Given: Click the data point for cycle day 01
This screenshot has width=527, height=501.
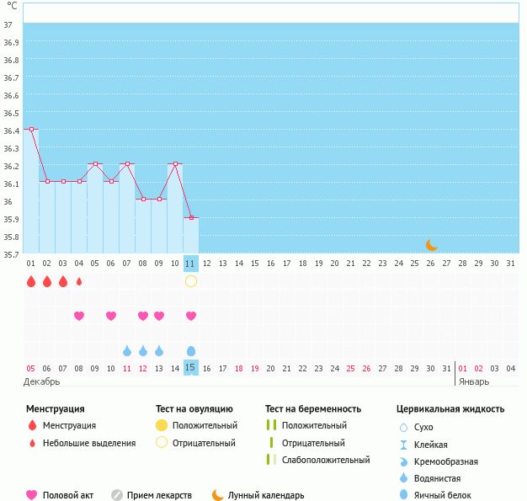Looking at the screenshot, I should [31, 129].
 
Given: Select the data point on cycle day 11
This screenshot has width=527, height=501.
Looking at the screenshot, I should [191, 218].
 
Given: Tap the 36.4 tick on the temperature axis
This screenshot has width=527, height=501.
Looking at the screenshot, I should [11, 131].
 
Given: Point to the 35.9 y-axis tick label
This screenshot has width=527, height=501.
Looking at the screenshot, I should [11, 219].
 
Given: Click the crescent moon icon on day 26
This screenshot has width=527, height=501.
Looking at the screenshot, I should [431, 245].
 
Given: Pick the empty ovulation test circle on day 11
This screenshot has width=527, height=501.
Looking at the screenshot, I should [191, 280].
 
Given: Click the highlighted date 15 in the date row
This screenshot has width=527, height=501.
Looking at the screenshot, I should [190, 367].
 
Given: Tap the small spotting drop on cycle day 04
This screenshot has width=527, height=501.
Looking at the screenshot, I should [79, 281].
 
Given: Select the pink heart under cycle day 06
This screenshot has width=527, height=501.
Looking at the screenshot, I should [111, 316].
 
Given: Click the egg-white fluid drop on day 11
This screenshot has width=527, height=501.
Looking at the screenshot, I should [191, 350].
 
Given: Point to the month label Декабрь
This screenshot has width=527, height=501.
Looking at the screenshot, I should [43, 381].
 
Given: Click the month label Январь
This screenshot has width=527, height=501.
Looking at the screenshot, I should [474, 381].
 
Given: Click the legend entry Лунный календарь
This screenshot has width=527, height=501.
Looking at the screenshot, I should [265, 495].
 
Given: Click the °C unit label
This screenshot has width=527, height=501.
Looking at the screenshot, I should [11, 6].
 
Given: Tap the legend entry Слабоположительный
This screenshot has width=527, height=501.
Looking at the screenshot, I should [326, 460].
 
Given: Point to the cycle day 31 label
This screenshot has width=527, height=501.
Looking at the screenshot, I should [509, 264].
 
